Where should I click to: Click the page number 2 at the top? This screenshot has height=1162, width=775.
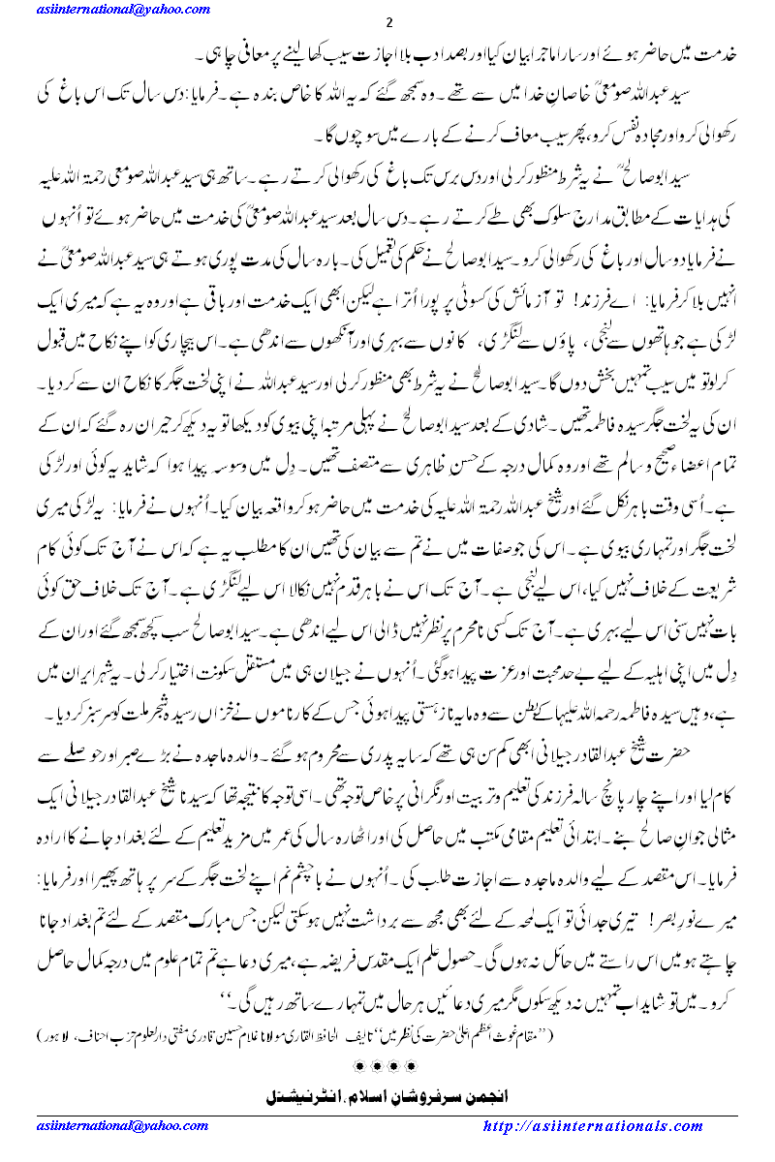[x=387, y=24]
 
